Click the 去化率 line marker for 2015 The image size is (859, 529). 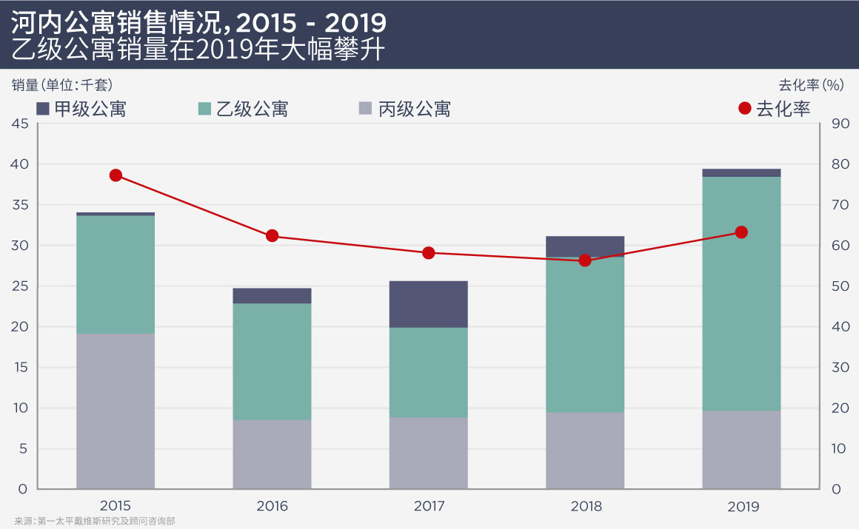116,175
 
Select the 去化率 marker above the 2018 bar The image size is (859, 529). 585,260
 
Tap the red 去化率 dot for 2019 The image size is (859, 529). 741,232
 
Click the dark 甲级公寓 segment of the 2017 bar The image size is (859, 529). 429,304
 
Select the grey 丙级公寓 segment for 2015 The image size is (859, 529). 116,411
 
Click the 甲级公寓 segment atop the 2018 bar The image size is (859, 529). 585,246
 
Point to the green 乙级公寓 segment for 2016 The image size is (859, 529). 272,362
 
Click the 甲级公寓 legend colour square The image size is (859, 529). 43,109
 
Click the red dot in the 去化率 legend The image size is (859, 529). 745,109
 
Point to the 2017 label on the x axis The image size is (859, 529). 429,507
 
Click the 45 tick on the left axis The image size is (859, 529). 20,124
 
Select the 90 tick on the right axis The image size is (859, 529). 840,124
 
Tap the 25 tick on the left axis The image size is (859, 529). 20,286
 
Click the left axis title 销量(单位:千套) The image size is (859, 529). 62,84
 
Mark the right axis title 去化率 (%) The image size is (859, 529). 811,84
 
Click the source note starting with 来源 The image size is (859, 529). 94,521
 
